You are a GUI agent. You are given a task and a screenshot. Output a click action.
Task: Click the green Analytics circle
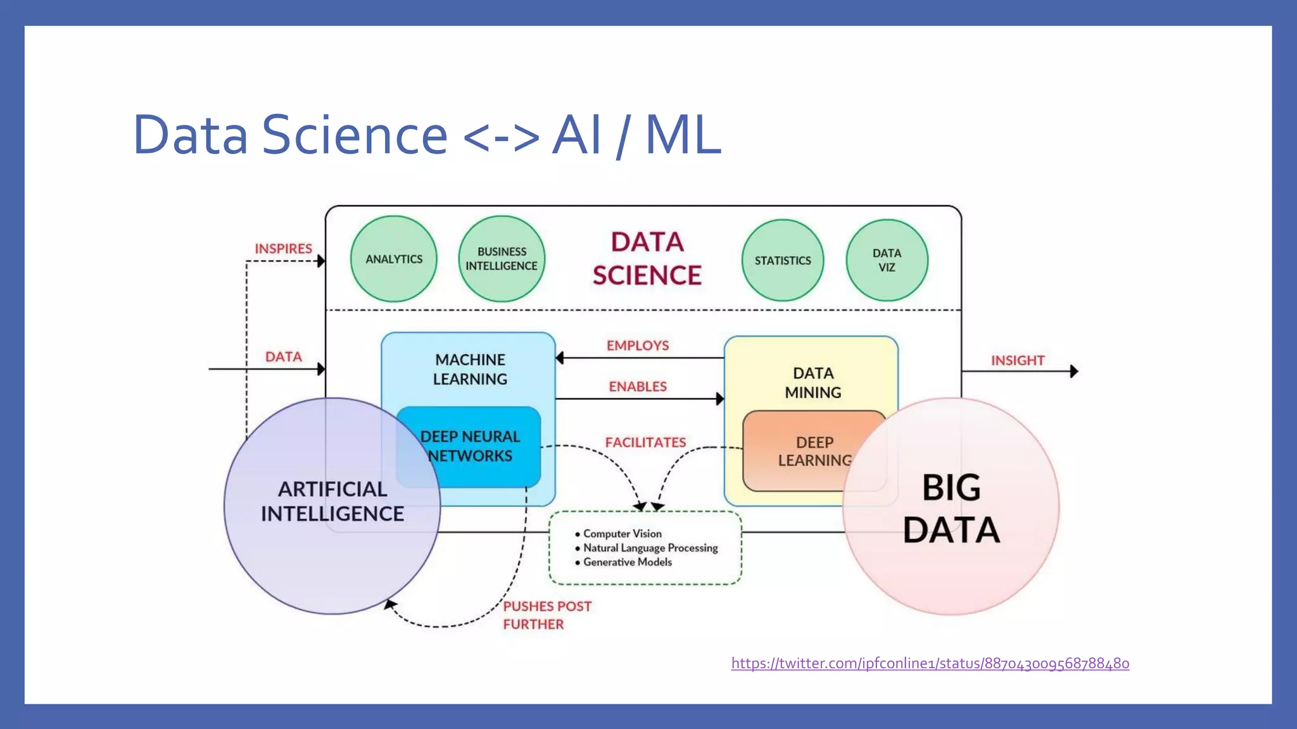click(x=393, y=259)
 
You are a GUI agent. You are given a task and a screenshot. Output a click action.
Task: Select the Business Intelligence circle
click(x=502, y=259)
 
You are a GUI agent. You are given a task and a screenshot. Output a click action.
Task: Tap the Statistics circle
click(x=783, y=260)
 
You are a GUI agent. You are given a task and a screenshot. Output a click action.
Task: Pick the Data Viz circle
click(x=887, y=260)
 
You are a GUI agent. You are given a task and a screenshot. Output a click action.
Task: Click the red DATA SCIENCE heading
click(x=647, y=259)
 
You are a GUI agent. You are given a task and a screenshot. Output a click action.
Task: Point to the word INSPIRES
click(x=283, y=249)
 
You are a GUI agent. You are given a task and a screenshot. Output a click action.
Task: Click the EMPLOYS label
click(x=638, y=346)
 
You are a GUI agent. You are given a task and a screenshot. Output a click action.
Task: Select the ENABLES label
click(x=638, y=387)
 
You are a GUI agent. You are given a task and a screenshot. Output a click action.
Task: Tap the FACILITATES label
click(x=645, y=442)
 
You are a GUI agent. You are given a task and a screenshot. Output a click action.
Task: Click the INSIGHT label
click(x=1017, y=361)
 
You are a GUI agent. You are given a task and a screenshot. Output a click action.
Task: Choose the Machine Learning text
click(x=470, y=369)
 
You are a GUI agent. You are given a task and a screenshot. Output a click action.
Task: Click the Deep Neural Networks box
click(x=470, y=446)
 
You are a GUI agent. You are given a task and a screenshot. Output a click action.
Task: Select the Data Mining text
click(x=813, y=382)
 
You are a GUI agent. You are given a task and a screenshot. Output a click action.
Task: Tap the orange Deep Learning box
click(x=814, y=451)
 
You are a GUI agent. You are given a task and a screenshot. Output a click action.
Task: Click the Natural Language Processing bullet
click(x=650, y=548)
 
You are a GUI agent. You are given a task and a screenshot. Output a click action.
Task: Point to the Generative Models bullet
click(x=627, y=562)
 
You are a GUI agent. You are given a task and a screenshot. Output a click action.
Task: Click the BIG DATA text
click(x=951, y=509)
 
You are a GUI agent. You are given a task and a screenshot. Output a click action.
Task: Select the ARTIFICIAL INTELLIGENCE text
click(x=332, y=501)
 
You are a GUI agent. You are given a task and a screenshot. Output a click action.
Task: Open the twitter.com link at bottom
click(x=930, y=663)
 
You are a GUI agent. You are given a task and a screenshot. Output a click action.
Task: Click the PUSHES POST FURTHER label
click(x=547, y=615)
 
